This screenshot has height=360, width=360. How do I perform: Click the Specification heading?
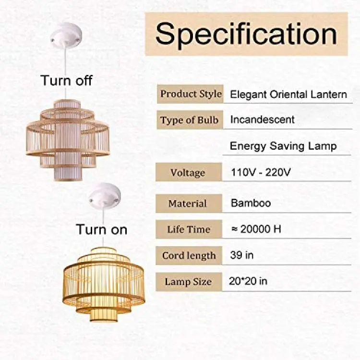[246, 34]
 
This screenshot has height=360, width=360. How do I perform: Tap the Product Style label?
[191, 94]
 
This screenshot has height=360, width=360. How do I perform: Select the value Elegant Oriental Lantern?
[288, 95]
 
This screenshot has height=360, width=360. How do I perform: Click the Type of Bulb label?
[189, 120]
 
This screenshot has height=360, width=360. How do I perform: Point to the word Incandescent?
[262, 120]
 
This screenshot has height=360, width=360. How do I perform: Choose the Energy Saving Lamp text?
[283, 146]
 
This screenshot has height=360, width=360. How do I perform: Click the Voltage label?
[188, 173]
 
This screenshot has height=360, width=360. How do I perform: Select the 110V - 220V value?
[261, 172]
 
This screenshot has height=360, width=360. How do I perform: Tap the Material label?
[188, 204]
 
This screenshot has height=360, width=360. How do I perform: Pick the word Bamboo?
[251, 203]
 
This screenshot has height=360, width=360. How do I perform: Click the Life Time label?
[189, 229]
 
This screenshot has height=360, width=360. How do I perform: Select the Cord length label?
[189, 255]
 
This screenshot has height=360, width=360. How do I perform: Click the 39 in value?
[242, 255]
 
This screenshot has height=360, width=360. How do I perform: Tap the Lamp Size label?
[188, 282]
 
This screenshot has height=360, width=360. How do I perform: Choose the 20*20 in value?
[248, 281]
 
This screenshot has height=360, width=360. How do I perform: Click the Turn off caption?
[67, 81]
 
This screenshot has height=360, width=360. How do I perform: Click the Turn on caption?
[101, 229]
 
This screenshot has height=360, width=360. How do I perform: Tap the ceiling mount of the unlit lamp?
[66, 35]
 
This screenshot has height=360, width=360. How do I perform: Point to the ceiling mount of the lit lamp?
[105, 195]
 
